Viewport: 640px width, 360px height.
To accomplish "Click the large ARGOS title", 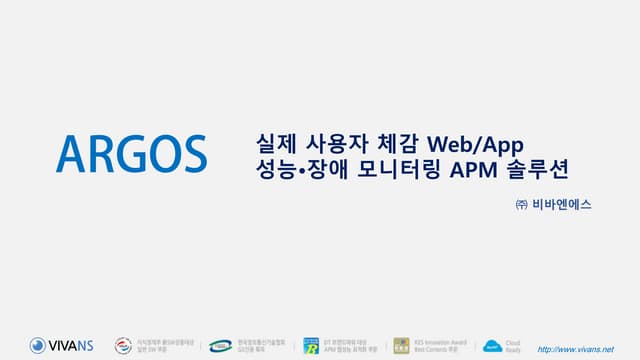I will [x=131, y=151].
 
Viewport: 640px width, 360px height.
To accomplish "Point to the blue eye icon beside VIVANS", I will [x=38, y=346].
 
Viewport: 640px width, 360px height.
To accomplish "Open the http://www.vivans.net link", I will [x=576, y=348].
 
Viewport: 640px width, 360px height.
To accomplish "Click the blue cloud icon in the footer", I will [x=491, y=346].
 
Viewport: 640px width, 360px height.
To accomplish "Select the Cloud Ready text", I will [x=513, y=346].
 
